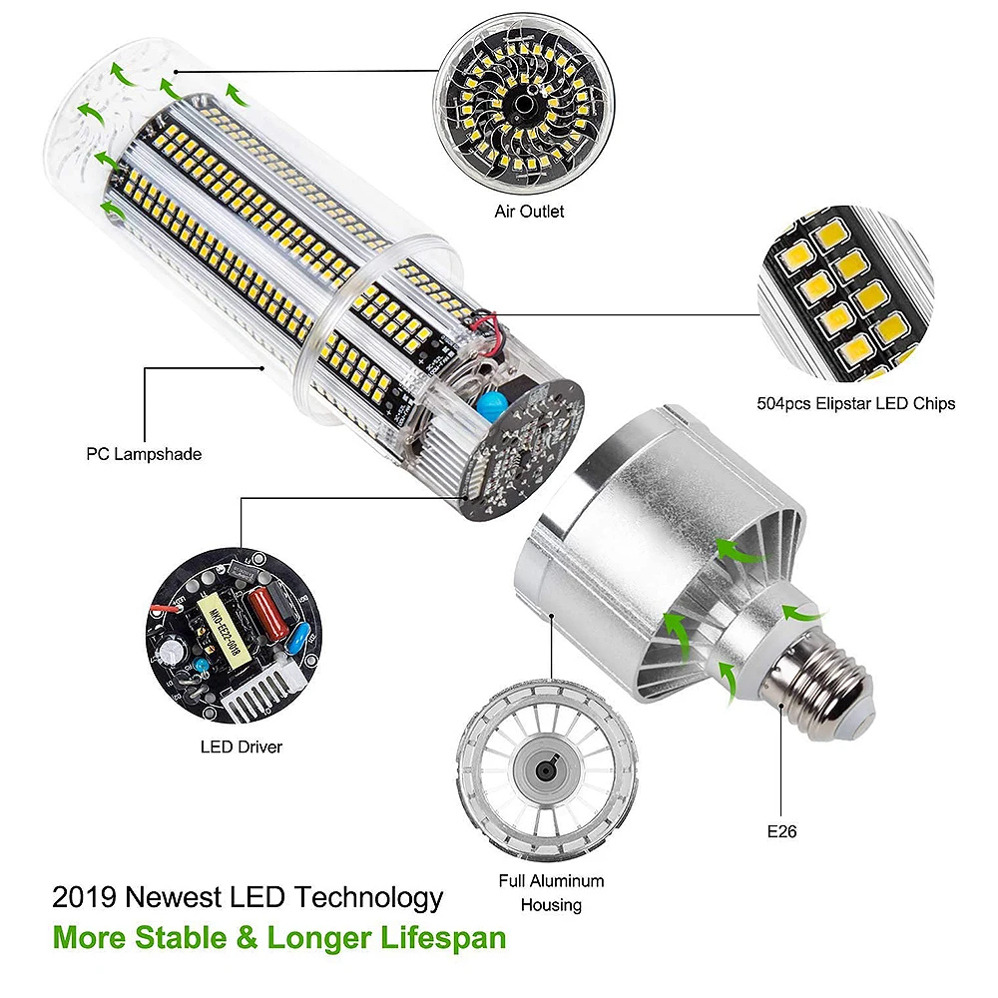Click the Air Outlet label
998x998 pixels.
click(529, 212)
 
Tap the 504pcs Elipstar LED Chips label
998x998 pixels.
click(856, 403)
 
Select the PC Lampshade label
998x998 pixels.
click(144, 454)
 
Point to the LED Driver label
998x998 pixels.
click(242, 747)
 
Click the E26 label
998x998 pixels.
click(781, 832)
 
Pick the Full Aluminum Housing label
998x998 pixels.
click(551, 893)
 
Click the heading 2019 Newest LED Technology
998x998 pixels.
click(248, 897)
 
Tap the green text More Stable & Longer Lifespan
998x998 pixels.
click(279, 938)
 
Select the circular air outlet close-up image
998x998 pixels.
click(524, 104)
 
